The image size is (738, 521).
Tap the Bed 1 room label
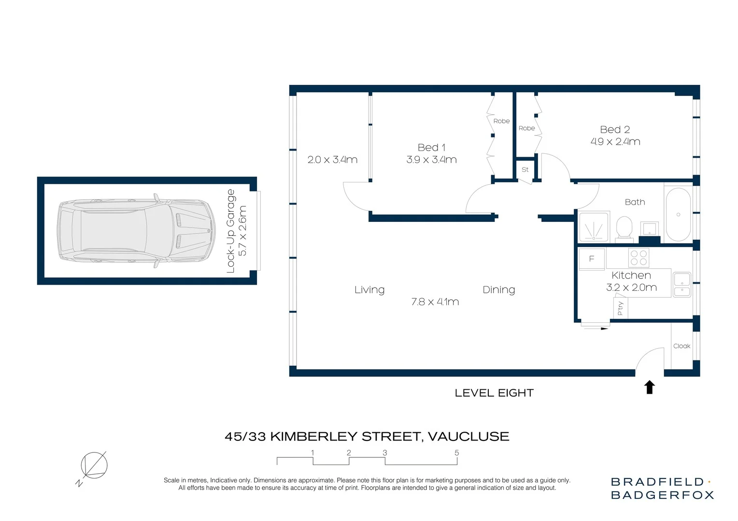[431, 148]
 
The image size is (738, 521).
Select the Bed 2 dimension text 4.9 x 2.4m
[615, 142]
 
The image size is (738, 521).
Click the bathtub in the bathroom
[678, 215]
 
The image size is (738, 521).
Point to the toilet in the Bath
[624, 228]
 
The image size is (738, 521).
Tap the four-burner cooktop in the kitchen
[639, 258]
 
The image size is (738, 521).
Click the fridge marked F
[592, 259]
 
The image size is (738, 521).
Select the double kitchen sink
[681, 285]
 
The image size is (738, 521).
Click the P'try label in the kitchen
[620, 308]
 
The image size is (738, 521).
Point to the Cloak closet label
[681, 346]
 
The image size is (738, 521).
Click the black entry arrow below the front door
[650, 387]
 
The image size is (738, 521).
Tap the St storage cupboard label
[525, 170]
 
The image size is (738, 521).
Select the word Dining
[498, 289]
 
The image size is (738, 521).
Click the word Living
[369, 289]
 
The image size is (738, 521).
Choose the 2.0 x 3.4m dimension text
[332, 160]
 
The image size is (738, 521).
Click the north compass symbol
[94, 466]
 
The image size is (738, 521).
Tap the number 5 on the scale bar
[456, 452]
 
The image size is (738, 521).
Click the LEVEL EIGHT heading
[494, 393]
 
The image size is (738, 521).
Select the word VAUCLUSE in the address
[468, 437]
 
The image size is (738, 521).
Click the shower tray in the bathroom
[594, 227]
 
